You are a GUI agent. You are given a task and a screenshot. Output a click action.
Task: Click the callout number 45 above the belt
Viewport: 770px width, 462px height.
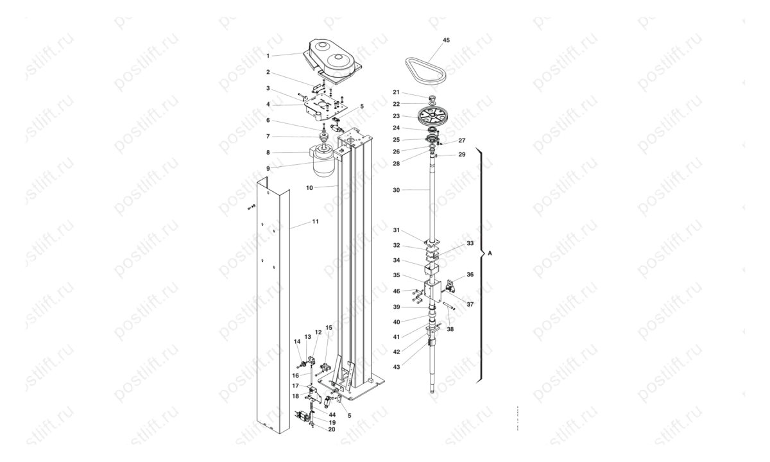pos(446,40)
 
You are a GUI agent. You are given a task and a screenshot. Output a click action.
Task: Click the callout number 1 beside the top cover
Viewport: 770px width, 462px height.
pos(268,56)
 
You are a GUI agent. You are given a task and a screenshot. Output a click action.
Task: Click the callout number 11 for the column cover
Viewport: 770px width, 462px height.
pos(315,222)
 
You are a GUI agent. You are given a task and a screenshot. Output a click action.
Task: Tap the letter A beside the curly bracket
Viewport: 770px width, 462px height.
pos(490,253)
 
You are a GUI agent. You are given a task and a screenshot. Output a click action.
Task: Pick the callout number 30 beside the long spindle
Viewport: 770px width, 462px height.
pos(397,190)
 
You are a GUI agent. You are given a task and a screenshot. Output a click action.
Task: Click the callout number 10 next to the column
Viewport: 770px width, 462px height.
pos(309,188)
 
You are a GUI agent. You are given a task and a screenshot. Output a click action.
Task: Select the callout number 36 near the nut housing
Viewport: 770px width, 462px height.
pos(470,275)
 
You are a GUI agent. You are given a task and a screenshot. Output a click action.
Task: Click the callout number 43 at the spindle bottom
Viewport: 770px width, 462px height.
pos(397,367)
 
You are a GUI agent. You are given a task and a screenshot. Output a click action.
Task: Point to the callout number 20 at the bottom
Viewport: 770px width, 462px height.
pos(331,429)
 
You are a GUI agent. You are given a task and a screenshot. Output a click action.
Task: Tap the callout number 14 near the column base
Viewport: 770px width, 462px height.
pos(297,341)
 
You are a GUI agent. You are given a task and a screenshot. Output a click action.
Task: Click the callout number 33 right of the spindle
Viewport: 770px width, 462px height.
pos(470,243)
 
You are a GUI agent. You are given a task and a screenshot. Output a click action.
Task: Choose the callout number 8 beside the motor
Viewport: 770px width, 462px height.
pos(268,152)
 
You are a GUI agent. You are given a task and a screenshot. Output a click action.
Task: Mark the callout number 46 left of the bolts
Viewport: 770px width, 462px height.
pos(397,291)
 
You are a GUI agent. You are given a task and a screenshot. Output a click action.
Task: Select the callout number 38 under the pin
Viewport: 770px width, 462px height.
pos(450,329)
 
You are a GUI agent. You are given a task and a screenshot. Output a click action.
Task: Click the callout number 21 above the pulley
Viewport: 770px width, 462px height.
pos(397,92)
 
